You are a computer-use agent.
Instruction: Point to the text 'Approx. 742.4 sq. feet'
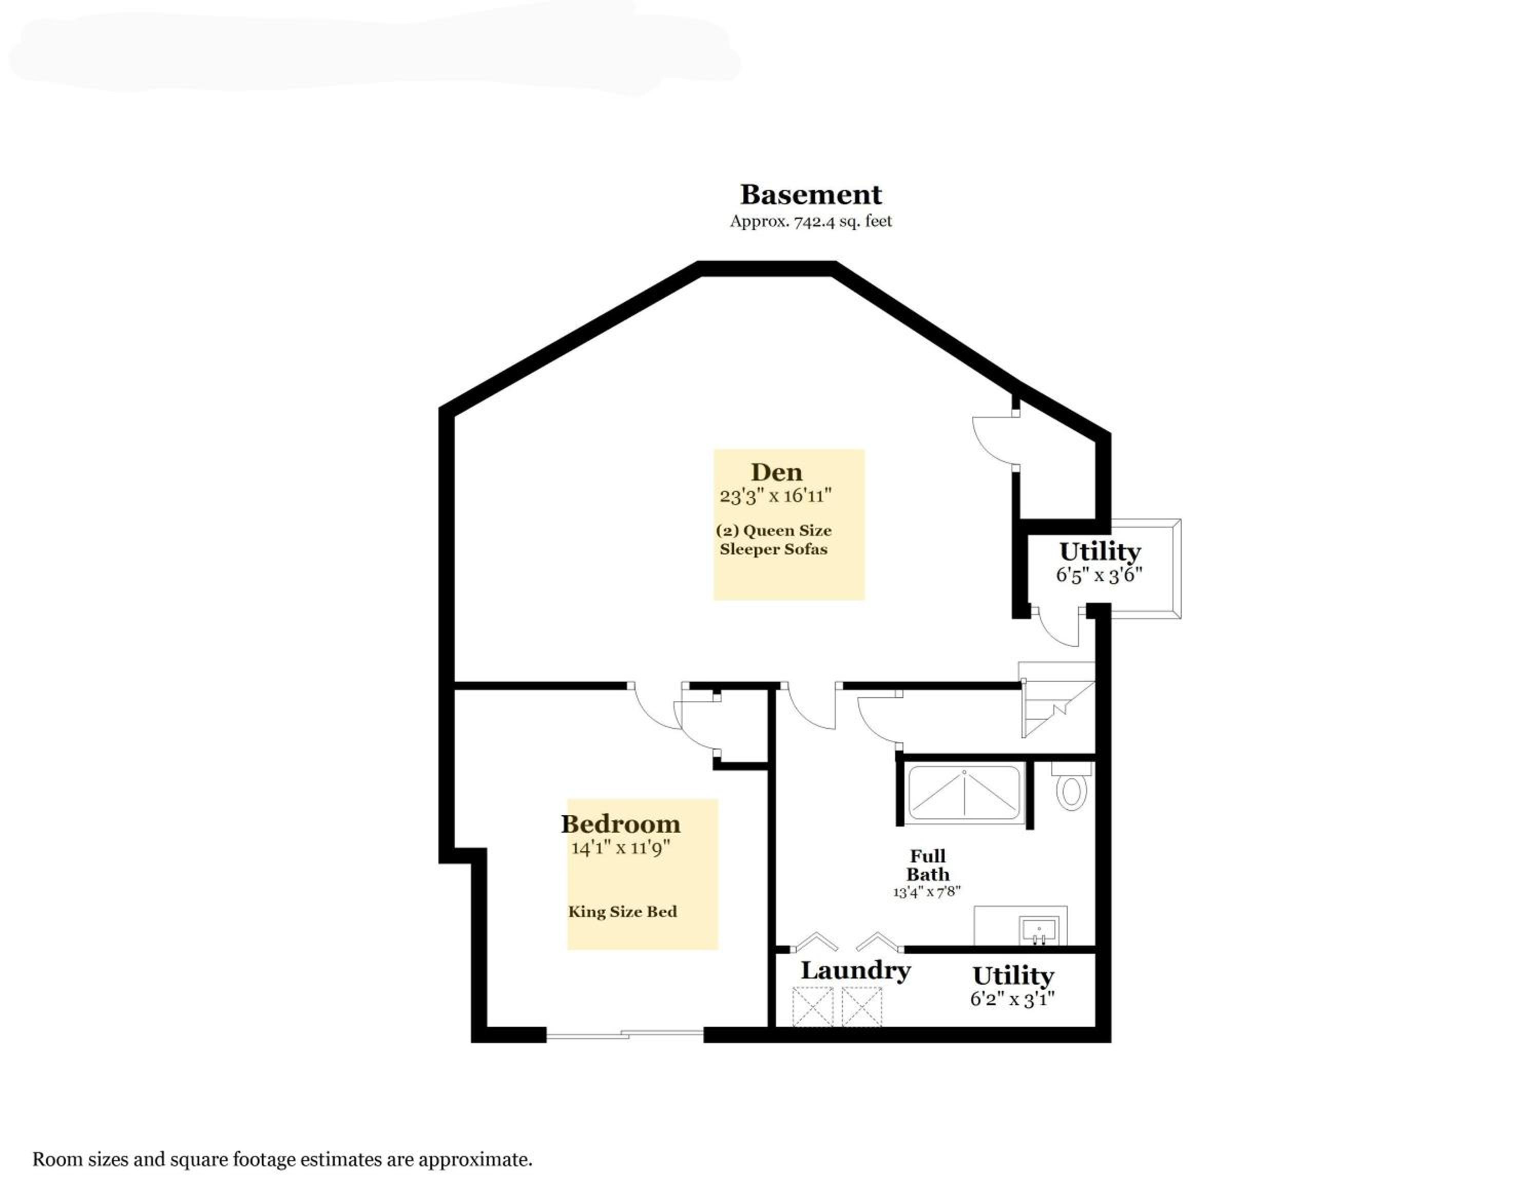[811, 221]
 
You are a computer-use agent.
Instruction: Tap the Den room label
[776, 472]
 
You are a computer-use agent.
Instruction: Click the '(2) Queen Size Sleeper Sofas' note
[774, 540]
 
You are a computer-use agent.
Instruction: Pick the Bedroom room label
[621, 823]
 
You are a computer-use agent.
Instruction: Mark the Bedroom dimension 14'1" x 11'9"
[621, 848]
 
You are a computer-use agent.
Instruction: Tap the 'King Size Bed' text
[623, 912]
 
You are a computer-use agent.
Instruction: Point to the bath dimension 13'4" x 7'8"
[927, 892]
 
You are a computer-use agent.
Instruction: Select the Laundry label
[855, 970]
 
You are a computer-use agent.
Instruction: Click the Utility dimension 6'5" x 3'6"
[1099, 575]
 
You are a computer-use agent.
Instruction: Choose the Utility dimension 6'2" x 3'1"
[1013, 999]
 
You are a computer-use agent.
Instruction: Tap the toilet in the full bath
[1071, 786]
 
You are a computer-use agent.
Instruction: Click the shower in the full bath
[965, 793]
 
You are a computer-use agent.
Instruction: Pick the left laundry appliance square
[813, 1006]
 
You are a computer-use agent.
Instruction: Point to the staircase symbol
[1057, 699]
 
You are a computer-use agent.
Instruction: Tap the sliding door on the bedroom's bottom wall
[625, 1034]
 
